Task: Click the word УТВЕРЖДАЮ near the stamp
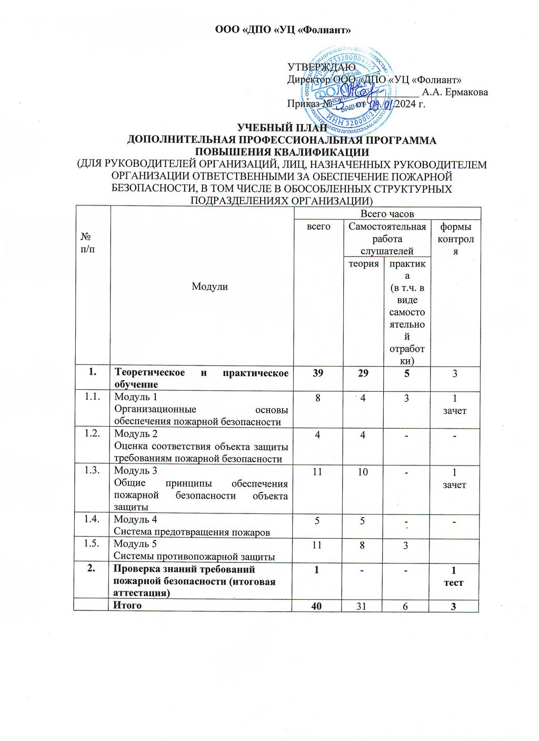321,67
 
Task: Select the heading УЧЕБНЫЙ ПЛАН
282,128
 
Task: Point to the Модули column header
209,286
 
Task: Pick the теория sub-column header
364,263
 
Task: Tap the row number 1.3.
92,470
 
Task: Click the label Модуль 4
136,520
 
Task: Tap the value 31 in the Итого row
363,606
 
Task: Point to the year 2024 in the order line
403,104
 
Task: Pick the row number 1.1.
92,397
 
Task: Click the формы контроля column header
455,239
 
